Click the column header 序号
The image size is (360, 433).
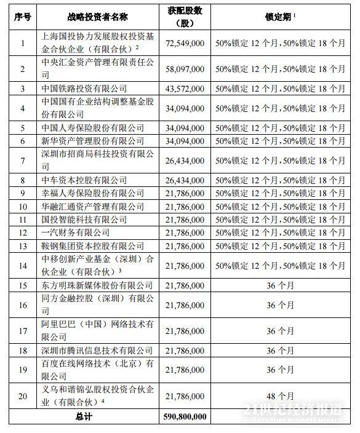[22, 17]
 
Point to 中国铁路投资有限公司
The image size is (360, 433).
[84, 89]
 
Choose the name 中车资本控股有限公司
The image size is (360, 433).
[84, 180]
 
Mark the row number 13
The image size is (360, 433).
[22, 245]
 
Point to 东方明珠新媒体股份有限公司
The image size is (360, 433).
[97, 285]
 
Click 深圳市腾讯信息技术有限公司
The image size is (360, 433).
[97, 350]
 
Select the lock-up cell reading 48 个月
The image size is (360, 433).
[280, 396]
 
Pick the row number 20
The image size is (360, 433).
[22, 396]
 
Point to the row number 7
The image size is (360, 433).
[22, 161]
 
